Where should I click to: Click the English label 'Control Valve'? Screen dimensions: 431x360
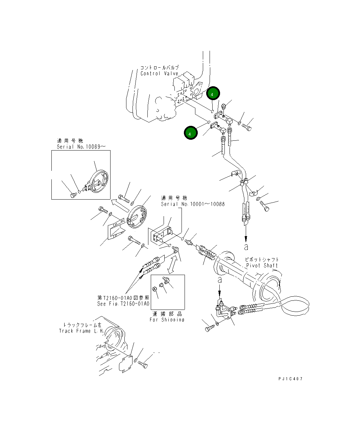pyautogui.click(x=159, y=74)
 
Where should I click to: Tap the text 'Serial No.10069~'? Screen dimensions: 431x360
pyautogui.click(x=81, y=147)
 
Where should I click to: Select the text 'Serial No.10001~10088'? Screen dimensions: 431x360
pyautogui.click(x=192, y=204)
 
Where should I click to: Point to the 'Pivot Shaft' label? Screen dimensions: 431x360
pyautogui.click(x=262, y=266)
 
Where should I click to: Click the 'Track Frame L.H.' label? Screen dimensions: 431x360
pyautogui.click(x=81, y=331)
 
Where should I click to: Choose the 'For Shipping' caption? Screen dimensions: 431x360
pyautogui.click(x=167, y=320)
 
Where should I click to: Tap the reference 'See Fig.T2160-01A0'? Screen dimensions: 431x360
pyautogui.click(x=123, y=304)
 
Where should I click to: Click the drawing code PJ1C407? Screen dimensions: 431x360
pyautogui.click(x=290, y=379)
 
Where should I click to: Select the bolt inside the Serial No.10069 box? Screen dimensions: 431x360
pyautogui.click(x=73, y=195)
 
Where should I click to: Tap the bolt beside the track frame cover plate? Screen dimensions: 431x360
pyautogui.click(x=144, y=365)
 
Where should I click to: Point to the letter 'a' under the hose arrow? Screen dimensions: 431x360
pyautogui.click(x=246, y=247)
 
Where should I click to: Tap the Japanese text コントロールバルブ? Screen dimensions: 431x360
pyautogui.click(x=159, y=68)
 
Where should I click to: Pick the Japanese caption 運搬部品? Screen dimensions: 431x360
pyautogui.click(x=167, y=314)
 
